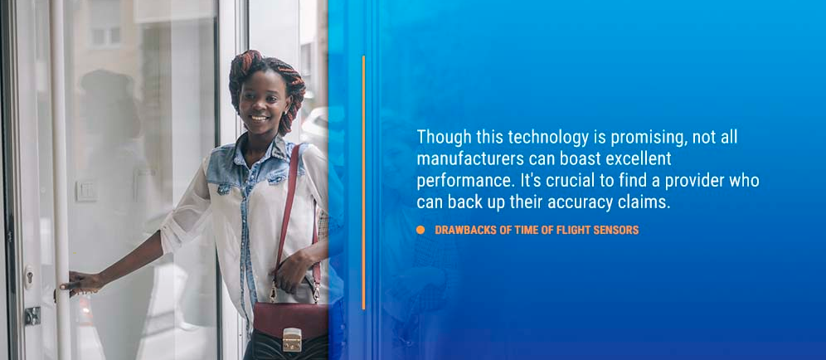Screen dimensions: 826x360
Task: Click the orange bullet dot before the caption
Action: [x=420, y=230]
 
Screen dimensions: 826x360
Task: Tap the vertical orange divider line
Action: [x=363, y=182]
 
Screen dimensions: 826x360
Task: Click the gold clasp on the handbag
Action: [x=292, y=339]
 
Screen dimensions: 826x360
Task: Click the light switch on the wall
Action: [x=85, y=191]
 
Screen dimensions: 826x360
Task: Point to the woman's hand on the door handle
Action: [x=77, y=281]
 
